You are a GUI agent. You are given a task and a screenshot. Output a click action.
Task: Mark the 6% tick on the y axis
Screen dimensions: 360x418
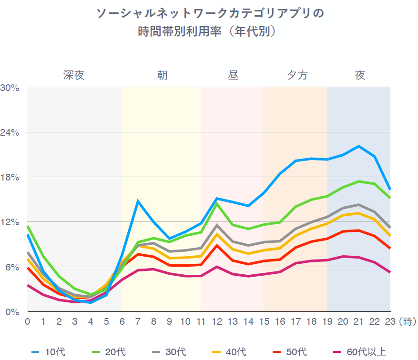11,267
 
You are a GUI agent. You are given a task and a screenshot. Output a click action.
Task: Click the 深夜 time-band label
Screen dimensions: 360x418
74,75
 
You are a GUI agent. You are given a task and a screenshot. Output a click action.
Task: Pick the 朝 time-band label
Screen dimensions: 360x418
162,75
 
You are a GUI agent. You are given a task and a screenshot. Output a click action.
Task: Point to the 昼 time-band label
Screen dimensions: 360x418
233,75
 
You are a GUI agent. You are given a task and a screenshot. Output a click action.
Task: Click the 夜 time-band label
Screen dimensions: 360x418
360,75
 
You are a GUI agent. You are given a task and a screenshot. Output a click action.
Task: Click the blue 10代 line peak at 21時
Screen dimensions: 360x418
359,146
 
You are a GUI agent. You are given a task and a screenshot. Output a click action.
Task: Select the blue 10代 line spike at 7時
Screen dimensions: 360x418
138,201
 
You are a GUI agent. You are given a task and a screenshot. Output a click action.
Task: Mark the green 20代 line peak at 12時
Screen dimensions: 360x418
217,204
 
